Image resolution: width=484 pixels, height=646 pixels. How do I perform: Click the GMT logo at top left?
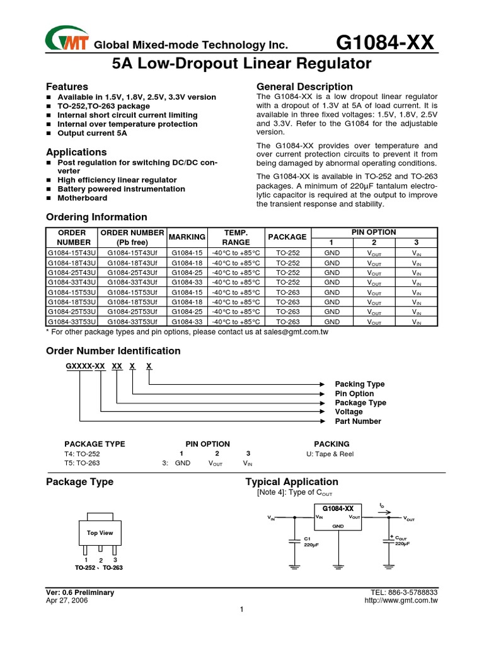click(x=66, y=40)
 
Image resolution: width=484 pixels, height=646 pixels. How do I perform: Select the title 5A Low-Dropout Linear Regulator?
click(x=242, y=64)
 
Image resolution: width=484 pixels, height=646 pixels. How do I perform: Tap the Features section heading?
click(x=67, y=86)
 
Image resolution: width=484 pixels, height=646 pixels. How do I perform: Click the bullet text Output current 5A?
click(x=92, y=133)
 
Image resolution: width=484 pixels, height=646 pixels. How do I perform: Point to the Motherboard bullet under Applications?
click(x=82, y=197)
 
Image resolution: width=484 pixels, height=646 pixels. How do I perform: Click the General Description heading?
click(x=304, y=86)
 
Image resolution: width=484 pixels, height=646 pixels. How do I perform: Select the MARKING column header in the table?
click(x=187, y=237)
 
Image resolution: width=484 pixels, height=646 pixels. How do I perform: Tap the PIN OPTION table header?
click(x=374, y=232)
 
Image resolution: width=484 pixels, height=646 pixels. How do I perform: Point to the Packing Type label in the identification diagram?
click(x=359, y=384)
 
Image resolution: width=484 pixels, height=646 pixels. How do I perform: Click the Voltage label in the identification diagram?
click(x=349, y=411)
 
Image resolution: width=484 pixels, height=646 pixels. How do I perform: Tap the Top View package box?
click(x=100, y=534)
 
